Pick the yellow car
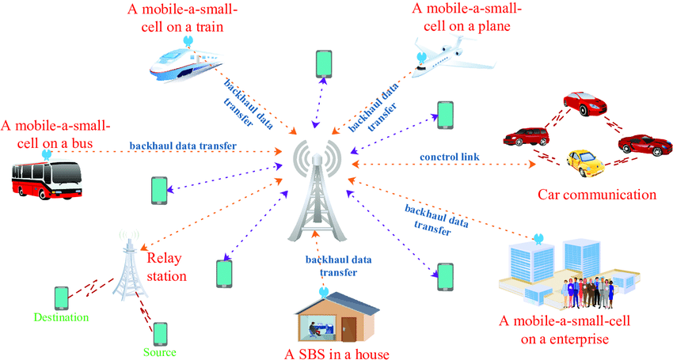[x=585, y=164]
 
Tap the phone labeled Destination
[x=62, y=297]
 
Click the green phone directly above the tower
[x=322, y=63]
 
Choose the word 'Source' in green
[x=160, y=352]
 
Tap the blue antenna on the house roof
[x=322, y=291]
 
